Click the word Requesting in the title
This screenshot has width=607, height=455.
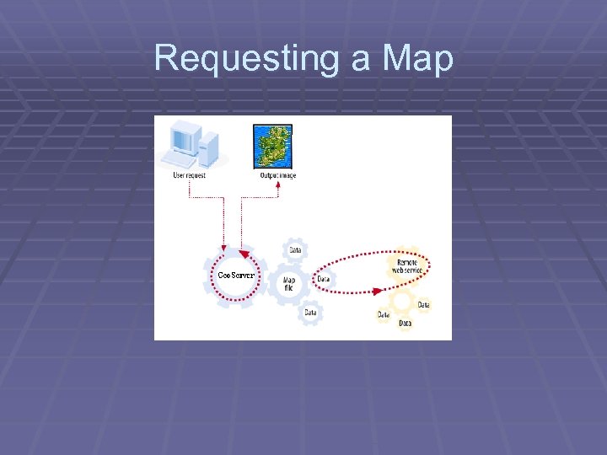tap(244, 59)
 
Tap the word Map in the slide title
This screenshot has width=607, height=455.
tap(417, 59)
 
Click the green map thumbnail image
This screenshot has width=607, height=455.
tap(273, 147)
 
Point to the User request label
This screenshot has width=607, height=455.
tap(189, 175)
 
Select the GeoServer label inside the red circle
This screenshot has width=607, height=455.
tap(236, 276)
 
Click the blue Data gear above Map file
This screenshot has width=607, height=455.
tap(295, 250)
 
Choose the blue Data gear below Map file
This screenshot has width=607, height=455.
tap(311, 313)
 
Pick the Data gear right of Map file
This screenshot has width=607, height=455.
tap(323, 279)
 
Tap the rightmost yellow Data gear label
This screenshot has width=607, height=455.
tap(423, 304)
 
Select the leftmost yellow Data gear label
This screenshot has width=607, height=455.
tap(384, 315)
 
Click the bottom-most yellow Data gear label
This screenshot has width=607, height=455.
tap(405, 323)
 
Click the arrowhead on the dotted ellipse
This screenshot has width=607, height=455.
tap(376, 292)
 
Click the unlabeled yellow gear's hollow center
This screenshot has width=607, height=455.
tap(402, 299)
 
